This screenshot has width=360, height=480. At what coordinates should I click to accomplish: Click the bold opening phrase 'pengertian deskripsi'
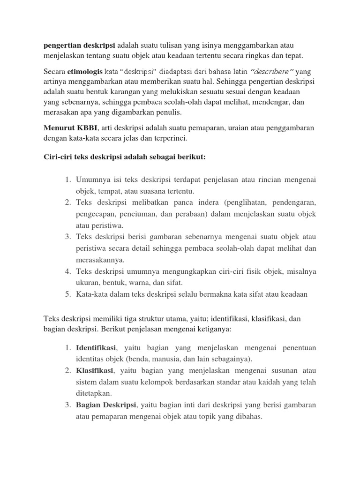point(79,45)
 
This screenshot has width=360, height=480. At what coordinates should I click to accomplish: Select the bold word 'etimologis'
point(88,71)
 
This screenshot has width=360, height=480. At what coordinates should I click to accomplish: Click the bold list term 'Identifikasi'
point(96,348)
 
